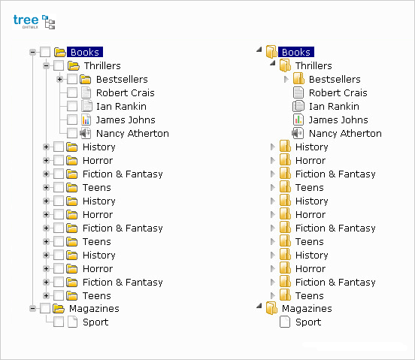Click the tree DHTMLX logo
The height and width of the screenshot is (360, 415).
[x=34, y=22]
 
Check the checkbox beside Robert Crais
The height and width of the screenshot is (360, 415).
[x=72, y=93]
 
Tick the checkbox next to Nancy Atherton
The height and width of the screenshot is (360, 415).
[x=72, y=133]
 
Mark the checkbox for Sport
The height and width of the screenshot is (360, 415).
[x=59, y=322]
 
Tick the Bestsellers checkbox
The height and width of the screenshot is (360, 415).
[x=72, y=79]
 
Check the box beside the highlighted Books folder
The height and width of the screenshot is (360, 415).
[x=45, y=52]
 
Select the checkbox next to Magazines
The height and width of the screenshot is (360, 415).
[x=45, y=308]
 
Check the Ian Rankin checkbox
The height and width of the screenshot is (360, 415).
[x=72, y=106]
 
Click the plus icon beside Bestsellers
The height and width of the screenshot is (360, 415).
[x=60, y=79]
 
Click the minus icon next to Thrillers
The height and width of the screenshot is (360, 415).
[x=47, y=65]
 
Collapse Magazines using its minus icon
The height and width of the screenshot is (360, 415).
[x=33, y=308]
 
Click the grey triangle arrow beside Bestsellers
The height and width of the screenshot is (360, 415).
[x=286, y=79]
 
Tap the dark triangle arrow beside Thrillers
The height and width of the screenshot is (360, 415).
[x=273, y=63]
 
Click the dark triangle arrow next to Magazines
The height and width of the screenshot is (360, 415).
[x=259, y=306]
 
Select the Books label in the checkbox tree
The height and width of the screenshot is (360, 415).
[x=85, y=52]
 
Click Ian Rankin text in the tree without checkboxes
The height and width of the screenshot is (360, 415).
[x=334, y=106]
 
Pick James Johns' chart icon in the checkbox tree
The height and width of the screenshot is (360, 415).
[x=86, y=119]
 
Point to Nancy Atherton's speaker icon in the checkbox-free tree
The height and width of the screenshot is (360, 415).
[x=298, y=133]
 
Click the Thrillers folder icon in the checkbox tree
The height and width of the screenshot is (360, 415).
[x=74, y=65]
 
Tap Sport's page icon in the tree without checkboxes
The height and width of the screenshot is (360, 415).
[x=285, y=322]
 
